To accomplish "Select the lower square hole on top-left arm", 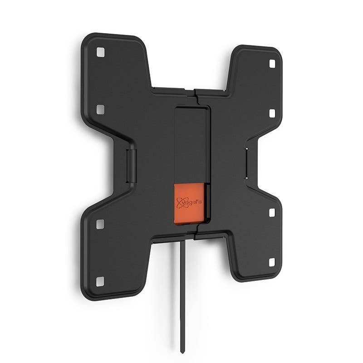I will [x=100, y=109].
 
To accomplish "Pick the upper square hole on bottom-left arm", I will [x=100, y=224].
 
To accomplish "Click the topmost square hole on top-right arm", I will [x=272, y=64].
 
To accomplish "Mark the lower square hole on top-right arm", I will [x=272, y=113].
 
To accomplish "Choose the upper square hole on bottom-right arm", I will [x=272, y=212].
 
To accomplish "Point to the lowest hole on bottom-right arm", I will [x=272, y=262].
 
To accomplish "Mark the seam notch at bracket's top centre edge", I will [x=195, y=93].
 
